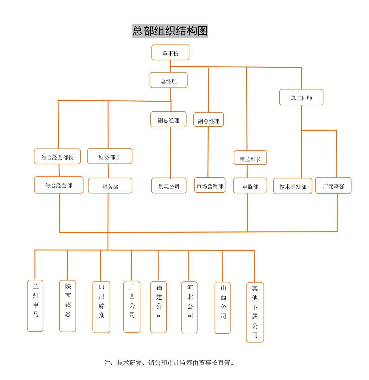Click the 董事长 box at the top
[x=170, y=53]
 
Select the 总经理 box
[x=169, y=80]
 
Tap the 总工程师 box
[x=301, y=97]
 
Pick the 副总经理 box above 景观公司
[x=168, y=119]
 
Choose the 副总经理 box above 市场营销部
[x=208, y=120]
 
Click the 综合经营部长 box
[x=57, y=157]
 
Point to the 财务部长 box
[x=110, y=156]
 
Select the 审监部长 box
[x=250, y=158]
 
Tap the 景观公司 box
[x=169, y=186]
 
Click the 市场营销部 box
[x=210, y=185]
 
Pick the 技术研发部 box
[x=293, y=186]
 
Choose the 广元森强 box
[x=333, y=186]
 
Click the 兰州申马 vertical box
[x=35, y=306]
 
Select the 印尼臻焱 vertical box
[x=101, y=307]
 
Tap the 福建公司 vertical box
[x=159, y=307]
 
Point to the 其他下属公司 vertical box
[x=255, y=312]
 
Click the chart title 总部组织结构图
[x=170, y=31]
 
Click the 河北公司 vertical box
[x=189, y=307]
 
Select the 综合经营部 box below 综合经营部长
[x=59, y=185]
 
